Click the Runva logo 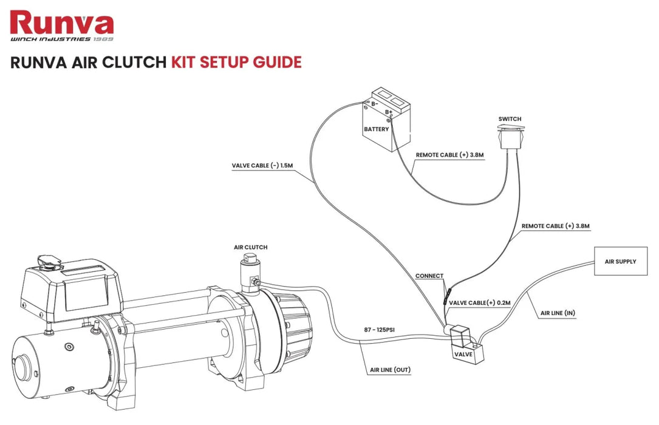click(x=62, y=25)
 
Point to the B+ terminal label click(x=389, y=112)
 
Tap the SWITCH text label click(x=510, y=119)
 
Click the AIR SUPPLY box click(x=620, y=262)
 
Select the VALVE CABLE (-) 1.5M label click(x=262, y=165)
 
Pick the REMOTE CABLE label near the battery click(x=449, y=155)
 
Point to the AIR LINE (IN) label click(x=558, y=313)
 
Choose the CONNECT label click(x=429, y=276)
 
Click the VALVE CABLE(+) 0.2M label click(x=479, y=302)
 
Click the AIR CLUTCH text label click(x=250, y=248)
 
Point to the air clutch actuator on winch click(x=248, y=273)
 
